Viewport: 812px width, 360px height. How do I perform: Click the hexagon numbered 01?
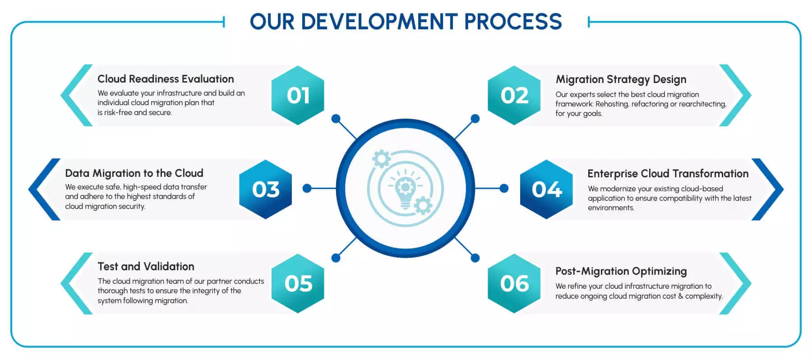pos(298,95)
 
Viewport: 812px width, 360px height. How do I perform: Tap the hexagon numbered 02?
pos(514,95)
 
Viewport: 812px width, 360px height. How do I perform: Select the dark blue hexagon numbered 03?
pos(266,189)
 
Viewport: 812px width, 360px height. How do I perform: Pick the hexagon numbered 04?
pos(547,189)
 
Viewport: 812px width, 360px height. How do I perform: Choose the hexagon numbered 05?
pos(298,283)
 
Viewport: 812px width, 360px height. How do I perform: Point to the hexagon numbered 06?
pos(514,283)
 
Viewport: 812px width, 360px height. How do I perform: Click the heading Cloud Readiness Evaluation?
pos(166,79)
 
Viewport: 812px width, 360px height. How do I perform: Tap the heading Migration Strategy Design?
pos(621,79)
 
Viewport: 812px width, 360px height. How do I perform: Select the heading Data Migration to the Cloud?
pos(134,173)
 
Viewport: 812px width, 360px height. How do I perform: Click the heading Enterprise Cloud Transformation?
pos(668,174)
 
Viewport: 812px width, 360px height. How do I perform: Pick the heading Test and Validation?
pos(146,267)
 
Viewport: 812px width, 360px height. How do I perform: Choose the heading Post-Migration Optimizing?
pos(621,271)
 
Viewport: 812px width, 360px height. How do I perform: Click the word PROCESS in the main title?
pos(513,22)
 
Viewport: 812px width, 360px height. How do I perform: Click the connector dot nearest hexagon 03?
pos(307,188)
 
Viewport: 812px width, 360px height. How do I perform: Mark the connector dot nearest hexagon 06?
pos(475,258)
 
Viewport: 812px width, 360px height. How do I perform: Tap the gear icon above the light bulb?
pos(382,159)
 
